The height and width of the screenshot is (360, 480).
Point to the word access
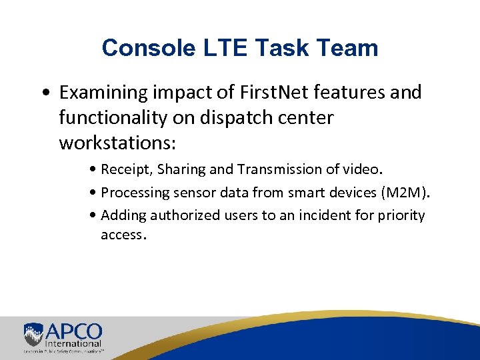pyautogui.click(x=121, y=235)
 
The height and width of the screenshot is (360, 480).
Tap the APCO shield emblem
pyautogui.click(x=33, y=334)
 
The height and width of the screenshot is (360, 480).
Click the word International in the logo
pyautogui.click(x=73, y=343)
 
